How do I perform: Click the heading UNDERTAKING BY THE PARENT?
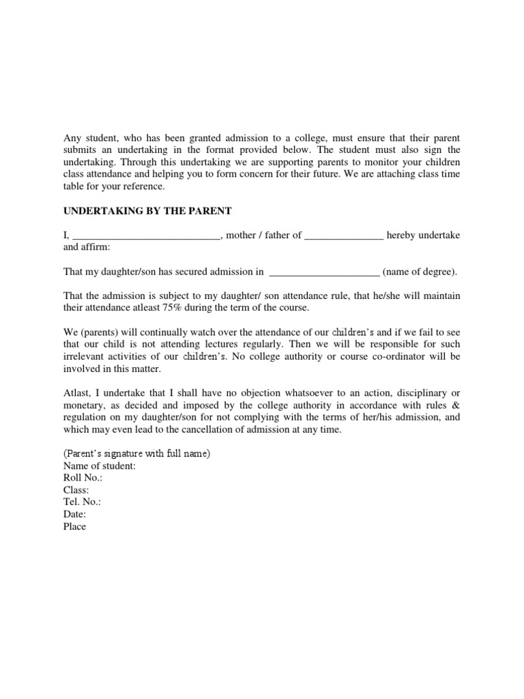pos(145,210)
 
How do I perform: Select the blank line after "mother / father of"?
pos(344,236)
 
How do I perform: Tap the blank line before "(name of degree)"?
pos(325,272)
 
